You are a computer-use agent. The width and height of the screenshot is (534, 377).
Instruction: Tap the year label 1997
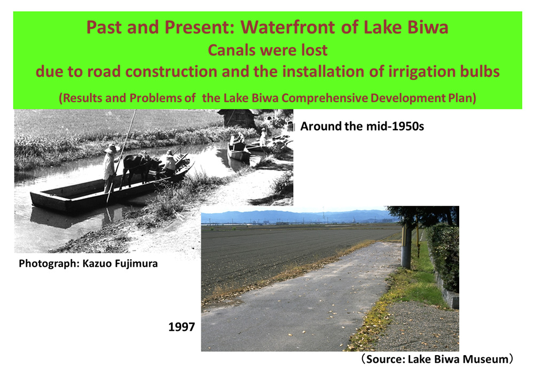click(182, 327)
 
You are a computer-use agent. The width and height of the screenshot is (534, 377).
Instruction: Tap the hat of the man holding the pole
click(111, 149)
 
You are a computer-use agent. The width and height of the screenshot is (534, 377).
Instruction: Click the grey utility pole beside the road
click(406, 246)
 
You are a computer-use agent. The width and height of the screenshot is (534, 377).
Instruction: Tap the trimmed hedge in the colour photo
click(443, 256)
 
